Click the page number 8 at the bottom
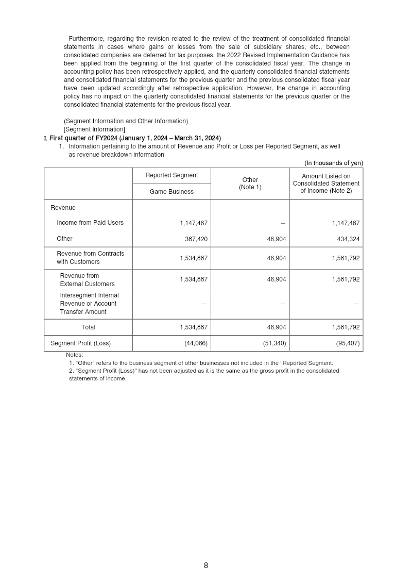click(206, 565)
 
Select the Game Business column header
click(171, 192)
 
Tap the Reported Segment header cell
click(171, 175)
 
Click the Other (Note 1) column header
click(250, 184)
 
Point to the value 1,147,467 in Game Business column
click(194, 223)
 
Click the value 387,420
click(196, 239)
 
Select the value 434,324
click(346, 239)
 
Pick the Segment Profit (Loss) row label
click(80, 343)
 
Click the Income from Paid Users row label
click(90, 223)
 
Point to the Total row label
click(88, 327)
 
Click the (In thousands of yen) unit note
click(333, 163)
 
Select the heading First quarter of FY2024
click(135, 138)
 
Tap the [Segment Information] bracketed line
click(94, 129)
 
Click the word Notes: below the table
click(75, 355)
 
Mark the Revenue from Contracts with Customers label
click(90, 258)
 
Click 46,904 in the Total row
click(276, 327)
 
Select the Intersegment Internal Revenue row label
click(89, 304)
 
